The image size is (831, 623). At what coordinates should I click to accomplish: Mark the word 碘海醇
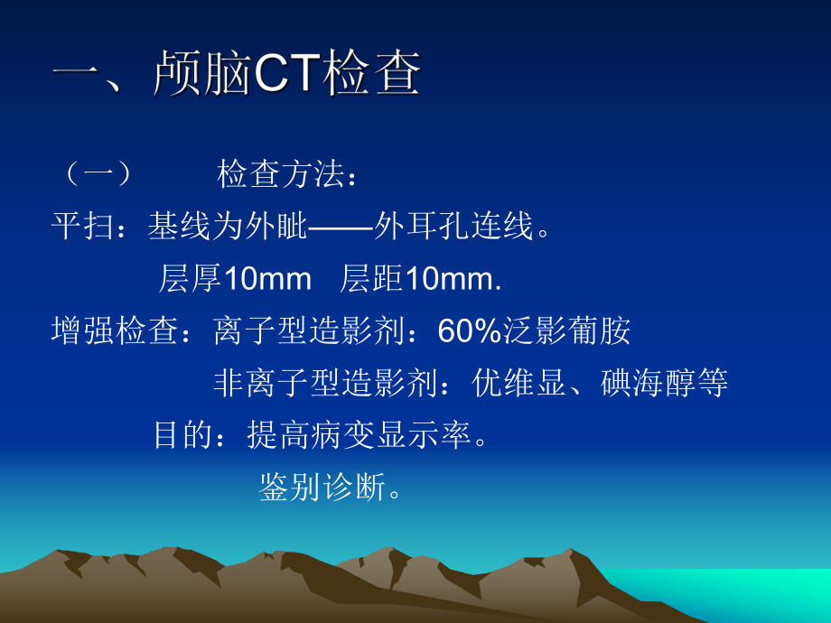[x=647, y=384]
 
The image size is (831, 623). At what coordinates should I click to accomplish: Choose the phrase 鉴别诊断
[x=321, y=488]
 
